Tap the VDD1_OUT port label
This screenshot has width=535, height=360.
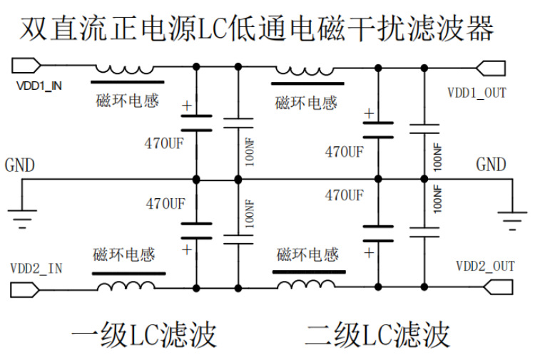477,93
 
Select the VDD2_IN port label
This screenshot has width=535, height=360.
36,268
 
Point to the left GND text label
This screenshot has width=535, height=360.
20,165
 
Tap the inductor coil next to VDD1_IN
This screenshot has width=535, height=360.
124,69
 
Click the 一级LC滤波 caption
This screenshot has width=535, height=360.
143,334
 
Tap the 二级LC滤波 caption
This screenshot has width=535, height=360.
378,334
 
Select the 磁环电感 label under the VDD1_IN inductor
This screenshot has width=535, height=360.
127,101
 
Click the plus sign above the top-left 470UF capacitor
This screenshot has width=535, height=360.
187,107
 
